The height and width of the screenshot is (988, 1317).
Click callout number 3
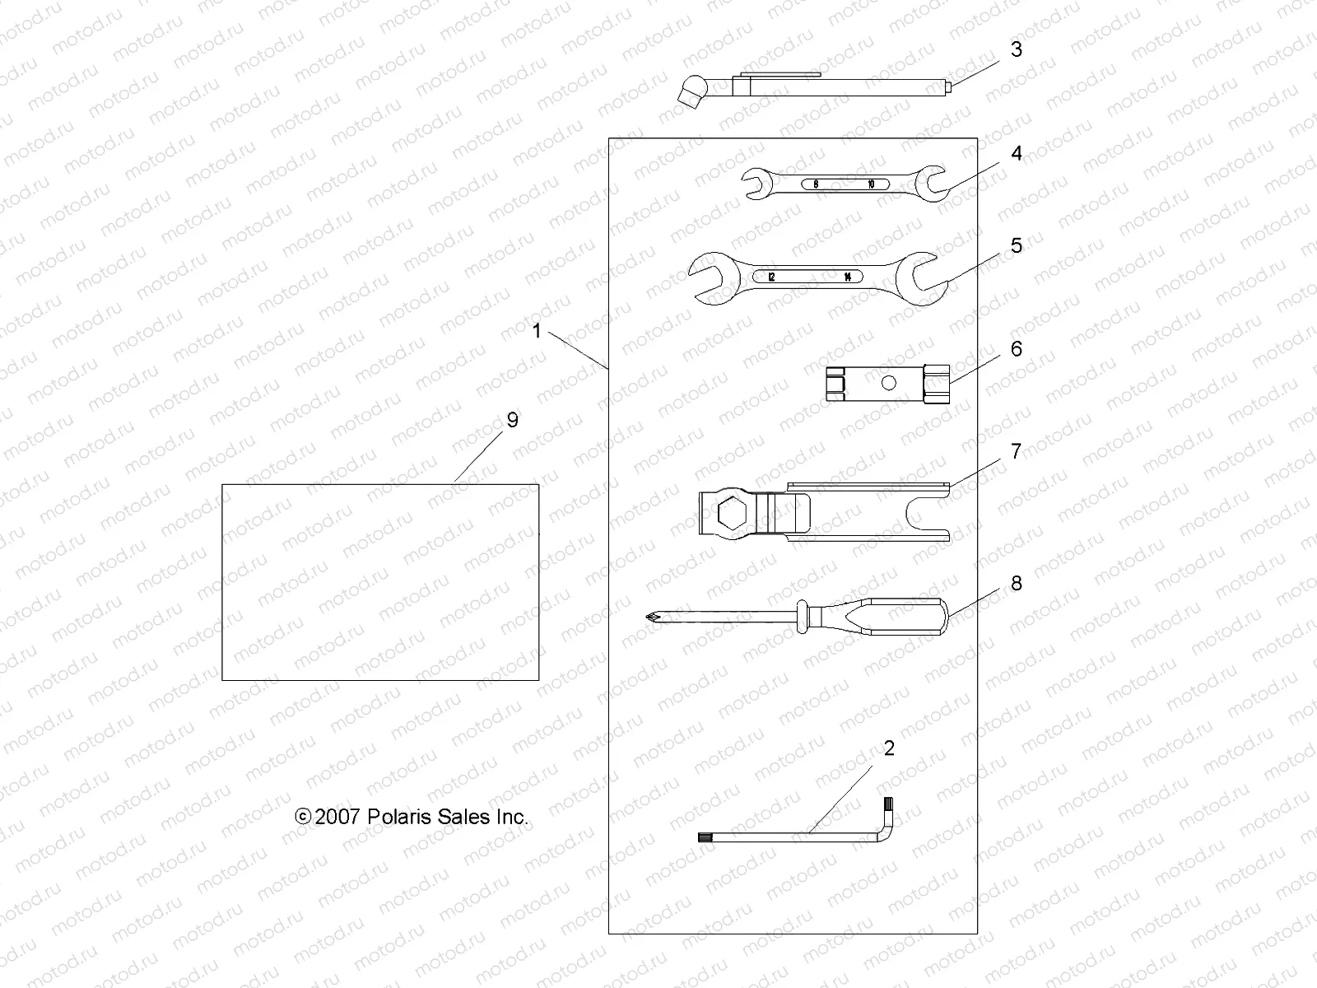tap(1017, 49)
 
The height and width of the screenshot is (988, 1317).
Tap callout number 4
tap(1017, 154)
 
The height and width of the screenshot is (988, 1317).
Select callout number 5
tap(1017, 245)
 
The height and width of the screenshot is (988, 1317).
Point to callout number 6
tap(1017, 349)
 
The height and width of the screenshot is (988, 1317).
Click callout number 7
tap(1017, 451)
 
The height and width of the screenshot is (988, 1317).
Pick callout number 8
tap(1017, 584)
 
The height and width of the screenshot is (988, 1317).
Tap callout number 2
tap(888, 748)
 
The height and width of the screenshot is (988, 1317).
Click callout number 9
tap(513, 421)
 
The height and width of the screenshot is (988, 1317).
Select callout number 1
tap(537, 332)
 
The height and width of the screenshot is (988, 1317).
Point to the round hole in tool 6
tap(888, 382)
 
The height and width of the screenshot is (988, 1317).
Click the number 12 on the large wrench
tap(771, 277)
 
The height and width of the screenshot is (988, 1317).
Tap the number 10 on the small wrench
tap(872, 184)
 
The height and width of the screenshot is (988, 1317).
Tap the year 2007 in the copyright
tap(337, 817)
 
